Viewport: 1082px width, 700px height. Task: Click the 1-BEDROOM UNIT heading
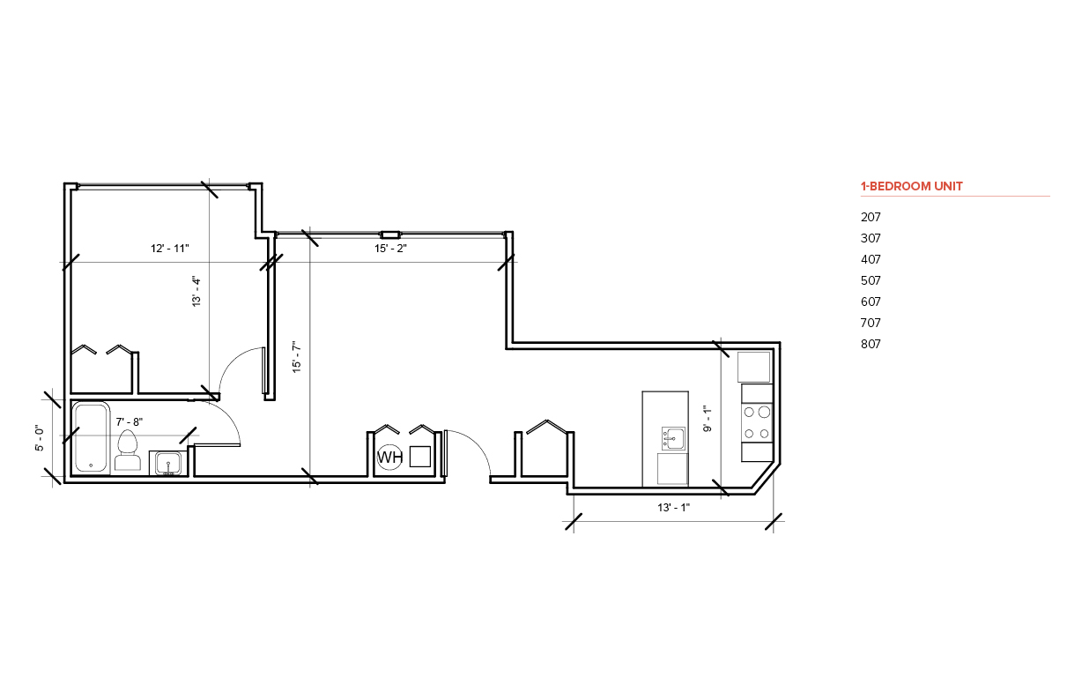coord(911,186)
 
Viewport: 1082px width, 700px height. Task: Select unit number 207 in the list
coord(871,217)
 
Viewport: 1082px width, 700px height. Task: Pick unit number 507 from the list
coord(871,280)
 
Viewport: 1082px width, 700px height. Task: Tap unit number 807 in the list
coord(871,344)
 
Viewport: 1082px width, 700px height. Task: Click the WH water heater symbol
coord(389,457)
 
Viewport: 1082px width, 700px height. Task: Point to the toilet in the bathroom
coord(128,450)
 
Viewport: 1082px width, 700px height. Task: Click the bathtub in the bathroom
coord(92,437)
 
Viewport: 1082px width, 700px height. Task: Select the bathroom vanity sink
coord(168,463)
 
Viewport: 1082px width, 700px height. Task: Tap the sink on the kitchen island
coord(673,438)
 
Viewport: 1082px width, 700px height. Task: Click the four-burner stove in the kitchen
coord(757,422)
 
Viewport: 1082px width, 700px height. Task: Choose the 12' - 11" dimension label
coord(169,249)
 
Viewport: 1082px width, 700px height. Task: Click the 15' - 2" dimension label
coord(390,249)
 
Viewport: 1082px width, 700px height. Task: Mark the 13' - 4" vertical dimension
coord(196,292)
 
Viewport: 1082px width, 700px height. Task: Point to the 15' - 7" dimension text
coord(297,357)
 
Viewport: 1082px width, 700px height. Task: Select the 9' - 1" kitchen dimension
coord(708,418)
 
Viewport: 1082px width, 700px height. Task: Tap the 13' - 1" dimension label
coord(673,508)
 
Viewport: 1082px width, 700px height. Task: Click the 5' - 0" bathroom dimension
coord(39,438)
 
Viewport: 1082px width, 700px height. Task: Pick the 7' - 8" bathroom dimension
coord(129,422)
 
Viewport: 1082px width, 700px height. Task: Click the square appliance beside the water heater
coord(419,457)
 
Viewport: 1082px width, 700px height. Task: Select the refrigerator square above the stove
coord(753,368)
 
